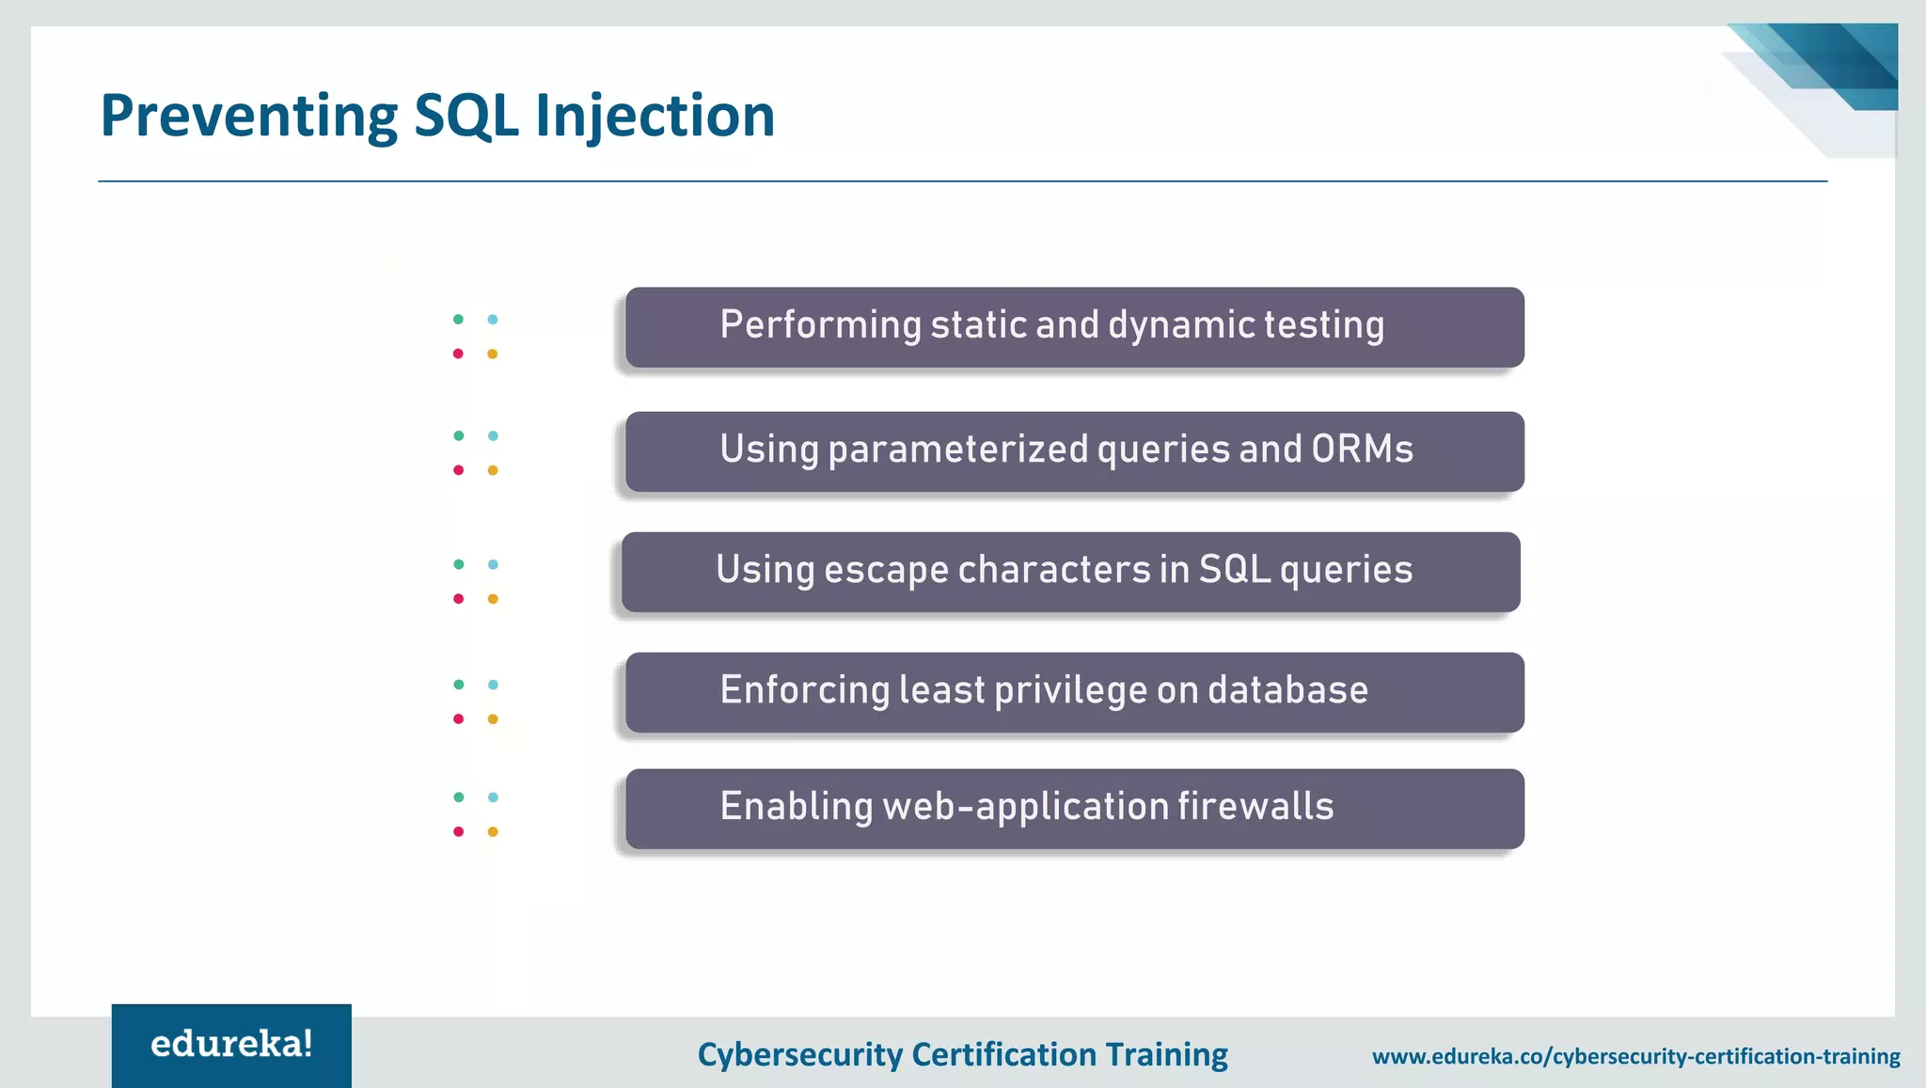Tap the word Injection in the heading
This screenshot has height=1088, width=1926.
coord(655,117)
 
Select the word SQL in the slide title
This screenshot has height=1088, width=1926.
coord(466,117)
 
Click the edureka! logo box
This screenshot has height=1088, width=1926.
coord(231,1045)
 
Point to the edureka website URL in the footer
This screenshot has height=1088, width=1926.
coord(1635,1056)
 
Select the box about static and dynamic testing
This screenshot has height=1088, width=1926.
coord(1074,327)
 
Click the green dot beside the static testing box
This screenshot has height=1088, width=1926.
coord(458,320)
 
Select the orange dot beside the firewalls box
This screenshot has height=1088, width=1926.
coord(493,831)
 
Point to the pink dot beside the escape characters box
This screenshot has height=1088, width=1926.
coord(458,599)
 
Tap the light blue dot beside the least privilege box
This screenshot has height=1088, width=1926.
coord(493,685)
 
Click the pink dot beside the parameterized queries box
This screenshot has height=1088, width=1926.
coord(458,470)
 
